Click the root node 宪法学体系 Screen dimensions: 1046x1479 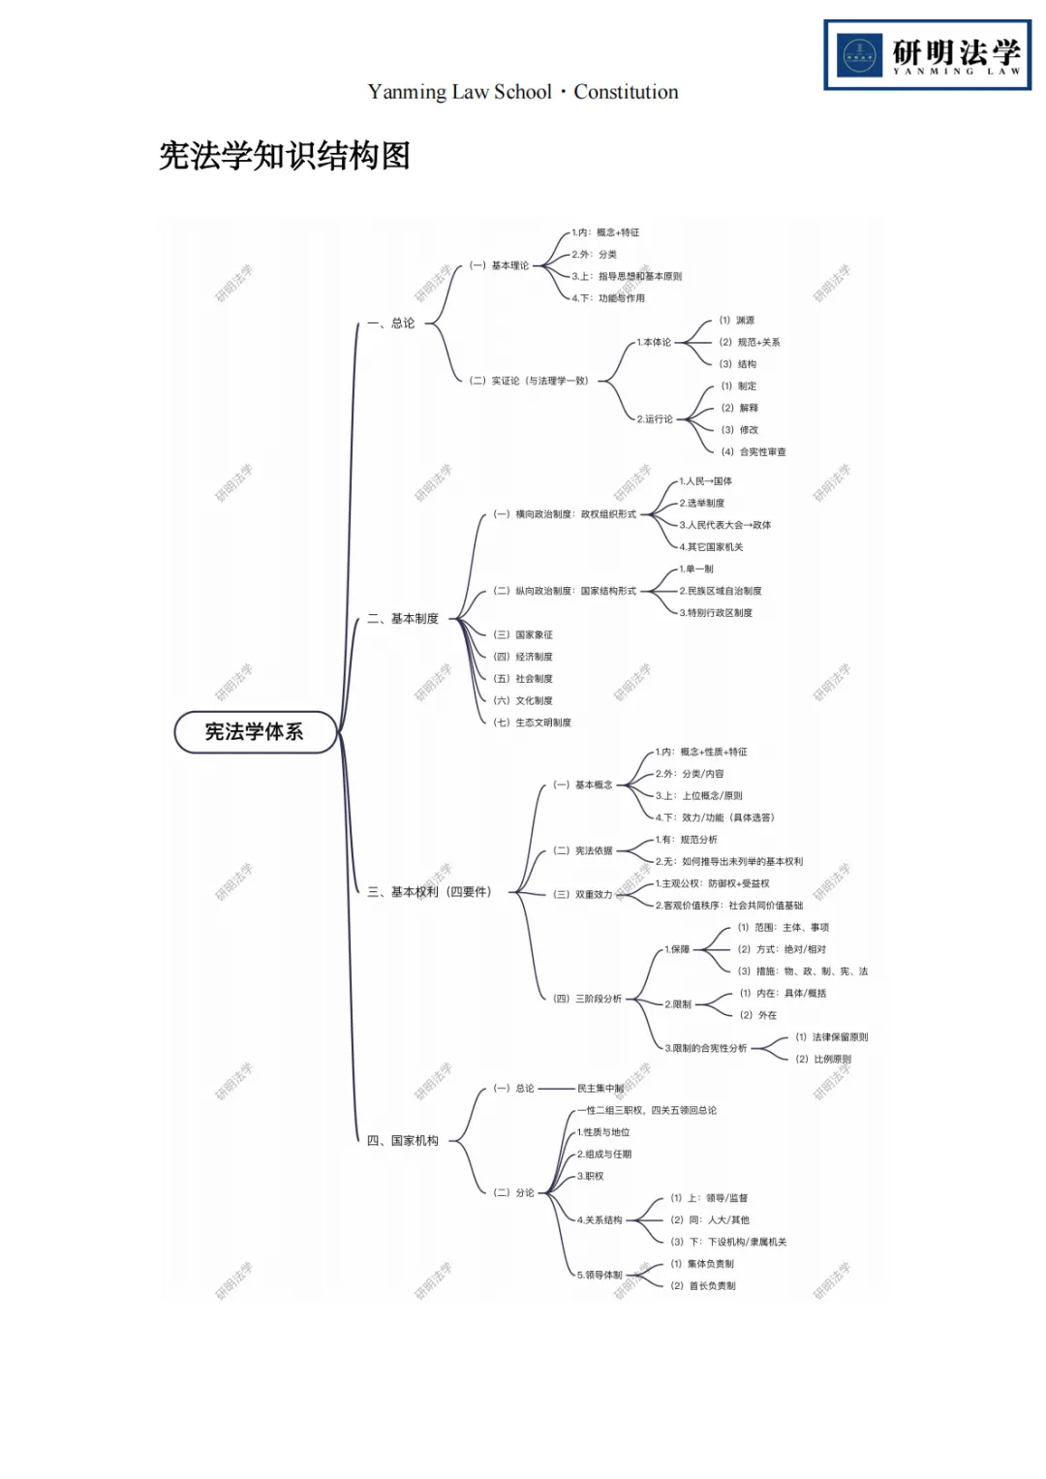click(255, 732)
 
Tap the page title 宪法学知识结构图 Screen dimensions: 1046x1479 click(285, 156)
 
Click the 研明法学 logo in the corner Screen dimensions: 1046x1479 click(927, 55)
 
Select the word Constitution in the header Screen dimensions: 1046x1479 click(626, 92)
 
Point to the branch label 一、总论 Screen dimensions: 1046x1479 click(391, 324)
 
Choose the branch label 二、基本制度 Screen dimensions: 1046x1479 click(403, 619)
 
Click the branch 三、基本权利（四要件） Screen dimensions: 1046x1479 click(429, 892)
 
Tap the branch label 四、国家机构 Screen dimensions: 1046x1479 click(403, 1141)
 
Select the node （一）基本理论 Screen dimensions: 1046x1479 click(499, 265)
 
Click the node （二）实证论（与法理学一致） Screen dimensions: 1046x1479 click(529, 381)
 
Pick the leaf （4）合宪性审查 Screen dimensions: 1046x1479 click(754, 452)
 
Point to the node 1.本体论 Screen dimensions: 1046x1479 click(654, 343)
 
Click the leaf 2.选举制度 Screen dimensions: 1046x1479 click(702, 504)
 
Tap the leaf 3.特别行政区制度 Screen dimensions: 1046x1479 click(716, 613)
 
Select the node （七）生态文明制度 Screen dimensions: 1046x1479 click(532, 723)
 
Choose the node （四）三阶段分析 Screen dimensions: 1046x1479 click(587, 999)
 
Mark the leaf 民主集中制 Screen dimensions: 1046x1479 click(600, 1089)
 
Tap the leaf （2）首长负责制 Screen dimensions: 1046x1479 click(703, 1286)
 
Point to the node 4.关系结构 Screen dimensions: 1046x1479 click(600, 1220)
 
